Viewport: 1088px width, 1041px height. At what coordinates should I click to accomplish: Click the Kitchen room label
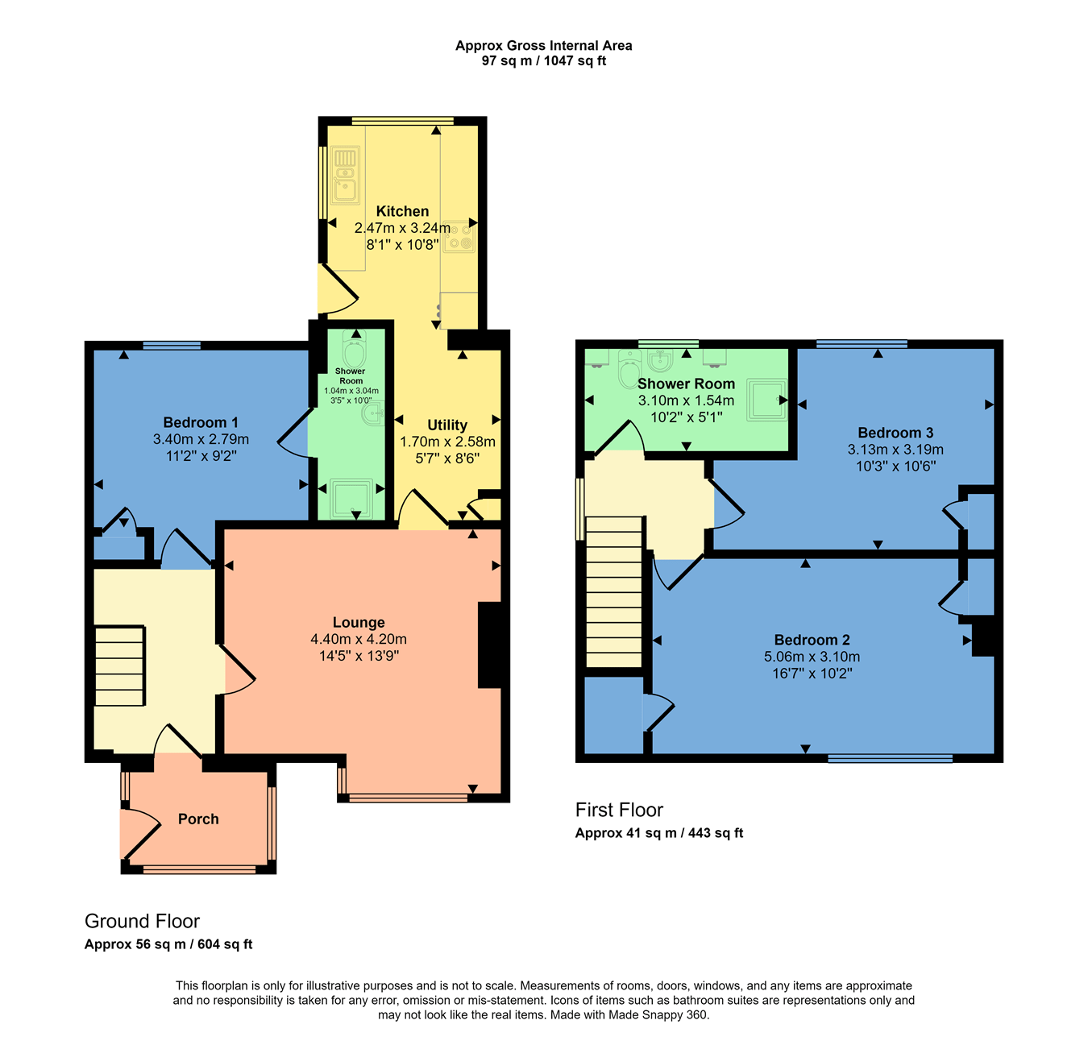402,211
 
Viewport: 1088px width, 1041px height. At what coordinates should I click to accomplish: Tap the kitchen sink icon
345,175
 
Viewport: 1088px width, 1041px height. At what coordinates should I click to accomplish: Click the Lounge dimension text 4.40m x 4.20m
359,639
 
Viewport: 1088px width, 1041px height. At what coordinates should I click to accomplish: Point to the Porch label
198,819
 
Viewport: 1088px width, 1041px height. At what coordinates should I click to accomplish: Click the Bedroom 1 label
200,423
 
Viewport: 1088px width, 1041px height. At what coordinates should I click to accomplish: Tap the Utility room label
446,425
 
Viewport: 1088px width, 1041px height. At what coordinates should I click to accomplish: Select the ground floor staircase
119,666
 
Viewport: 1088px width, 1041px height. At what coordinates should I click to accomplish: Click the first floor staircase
614,592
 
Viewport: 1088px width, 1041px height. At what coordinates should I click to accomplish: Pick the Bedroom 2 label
812,640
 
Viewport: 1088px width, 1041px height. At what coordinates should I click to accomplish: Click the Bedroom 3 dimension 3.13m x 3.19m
895,450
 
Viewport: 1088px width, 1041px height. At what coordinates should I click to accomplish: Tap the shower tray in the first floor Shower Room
766,400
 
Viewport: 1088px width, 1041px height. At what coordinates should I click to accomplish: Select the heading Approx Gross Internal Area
543,46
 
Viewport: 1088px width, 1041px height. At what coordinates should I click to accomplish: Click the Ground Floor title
142,921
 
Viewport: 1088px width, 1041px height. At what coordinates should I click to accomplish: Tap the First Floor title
619,810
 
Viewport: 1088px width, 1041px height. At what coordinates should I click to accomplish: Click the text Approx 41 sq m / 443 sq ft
658,833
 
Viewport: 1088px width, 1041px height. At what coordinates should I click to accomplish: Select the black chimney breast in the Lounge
490,645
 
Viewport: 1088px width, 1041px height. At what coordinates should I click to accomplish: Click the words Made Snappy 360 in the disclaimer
657,1014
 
